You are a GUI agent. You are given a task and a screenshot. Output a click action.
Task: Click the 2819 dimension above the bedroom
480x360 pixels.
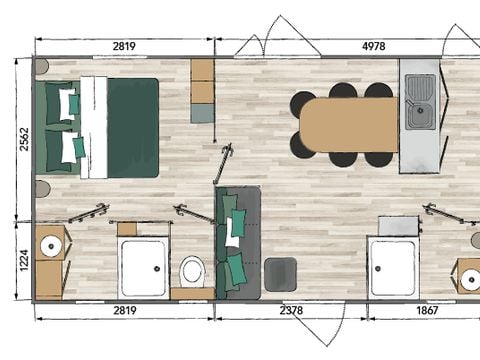point(125,45)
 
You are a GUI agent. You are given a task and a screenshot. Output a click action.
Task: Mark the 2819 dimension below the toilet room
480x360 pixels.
point(125,311)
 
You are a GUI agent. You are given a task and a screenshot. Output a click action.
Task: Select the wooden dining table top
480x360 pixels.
point(348,125)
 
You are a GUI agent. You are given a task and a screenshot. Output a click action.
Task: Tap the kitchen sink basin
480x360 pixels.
point(419,115)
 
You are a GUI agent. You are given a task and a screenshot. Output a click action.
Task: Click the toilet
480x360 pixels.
point(192,270)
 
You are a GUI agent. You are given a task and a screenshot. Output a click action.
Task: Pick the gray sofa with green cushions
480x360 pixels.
point(237,242)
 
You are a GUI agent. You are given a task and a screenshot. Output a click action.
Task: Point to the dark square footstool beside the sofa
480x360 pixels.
point(280,273)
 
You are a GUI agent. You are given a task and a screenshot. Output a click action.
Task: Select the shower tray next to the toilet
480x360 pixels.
point(143,268)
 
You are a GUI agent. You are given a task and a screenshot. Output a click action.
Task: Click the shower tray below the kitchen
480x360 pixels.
point(393,267)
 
